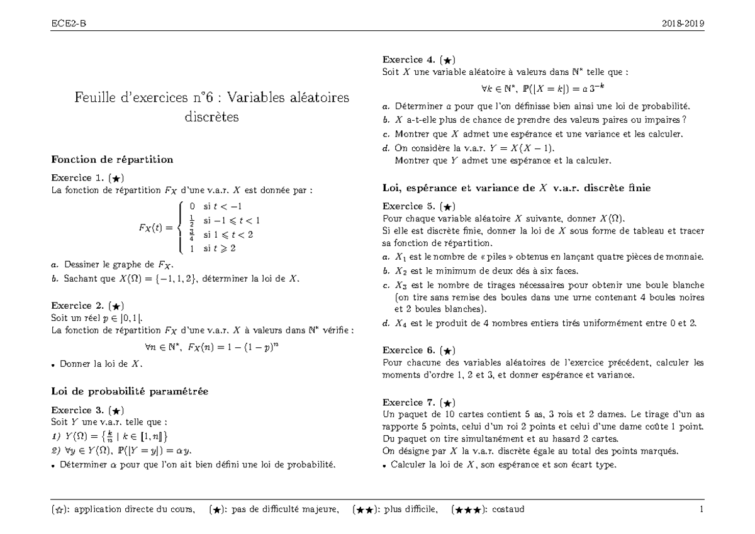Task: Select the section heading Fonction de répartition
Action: (111, 160)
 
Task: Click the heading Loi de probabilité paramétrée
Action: (129, 391)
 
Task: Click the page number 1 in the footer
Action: (701, 509)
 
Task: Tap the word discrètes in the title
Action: (212, 117)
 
